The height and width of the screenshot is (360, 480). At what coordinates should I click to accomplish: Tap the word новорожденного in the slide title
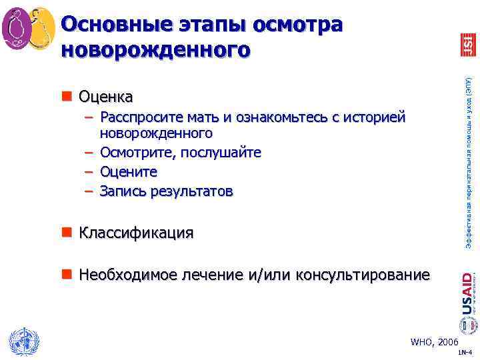(x=156, y=49)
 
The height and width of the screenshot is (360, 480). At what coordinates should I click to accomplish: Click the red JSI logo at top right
(x=467, y=45)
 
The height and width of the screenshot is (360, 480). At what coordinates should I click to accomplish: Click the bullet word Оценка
(x=105, y=97)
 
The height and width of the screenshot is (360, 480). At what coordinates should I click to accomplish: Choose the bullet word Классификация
(x=136, y=233)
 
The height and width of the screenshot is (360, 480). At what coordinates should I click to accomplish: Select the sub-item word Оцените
(x=129, y=172)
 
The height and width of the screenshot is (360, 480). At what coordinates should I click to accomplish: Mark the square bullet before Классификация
(x=67, y=233)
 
